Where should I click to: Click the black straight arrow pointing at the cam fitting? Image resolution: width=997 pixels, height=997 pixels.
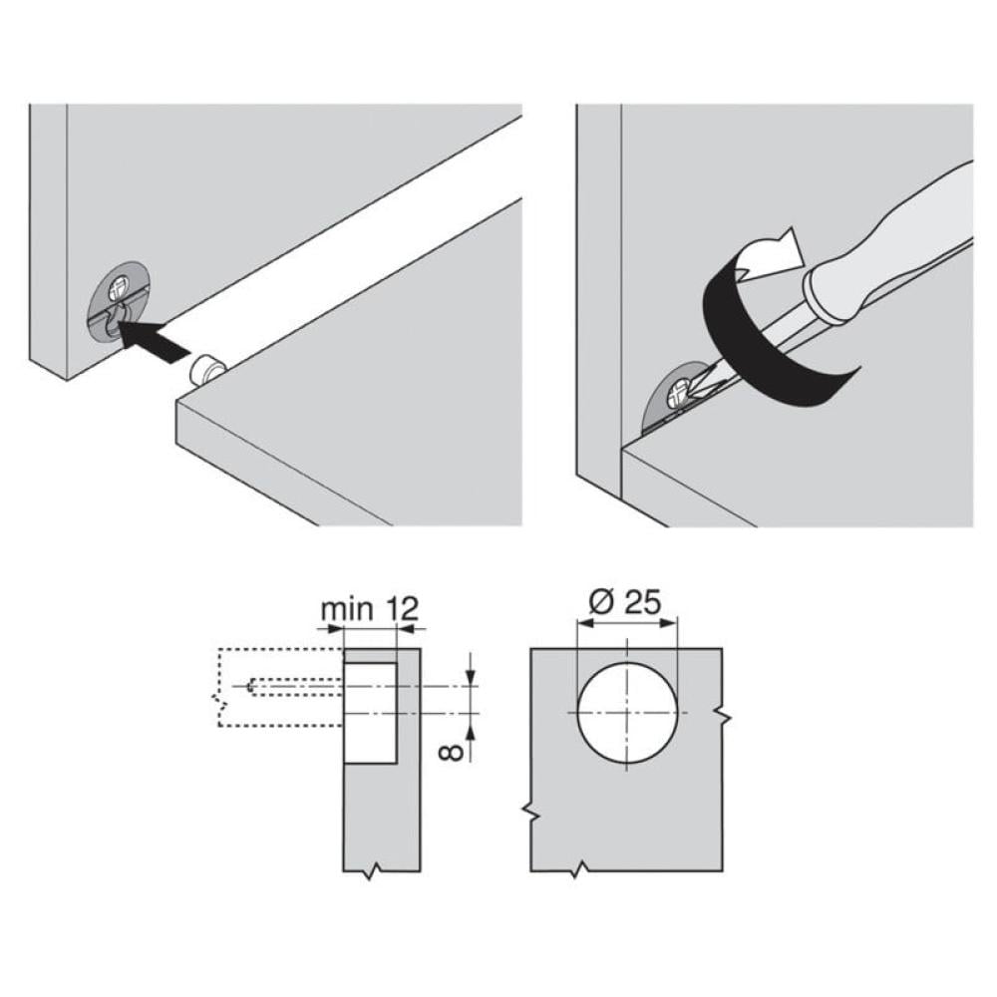pos(155,341)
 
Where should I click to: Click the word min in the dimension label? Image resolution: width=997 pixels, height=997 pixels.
pos(347,609)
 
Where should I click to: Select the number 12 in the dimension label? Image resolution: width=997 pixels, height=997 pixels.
pos(403,609)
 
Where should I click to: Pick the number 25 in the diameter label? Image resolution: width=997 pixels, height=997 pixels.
pos(642,601)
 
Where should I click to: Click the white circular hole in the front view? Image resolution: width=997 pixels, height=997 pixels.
pos(627,712)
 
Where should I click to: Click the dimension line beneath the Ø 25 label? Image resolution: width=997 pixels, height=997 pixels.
pos(627,624)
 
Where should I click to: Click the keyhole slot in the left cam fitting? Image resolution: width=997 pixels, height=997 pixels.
pos(115,318)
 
